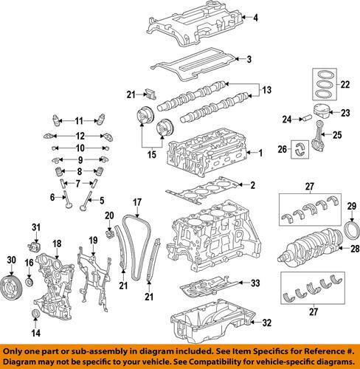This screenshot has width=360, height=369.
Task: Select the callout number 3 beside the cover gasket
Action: point(249,59)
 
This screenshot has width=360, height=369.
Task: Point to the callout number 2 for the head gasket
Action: point(252,184)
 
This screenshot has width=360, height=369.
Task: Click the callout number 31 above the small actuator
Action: point(34,226)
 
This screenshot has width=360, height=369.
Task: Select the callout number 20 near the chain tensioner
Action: point(109,215)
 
